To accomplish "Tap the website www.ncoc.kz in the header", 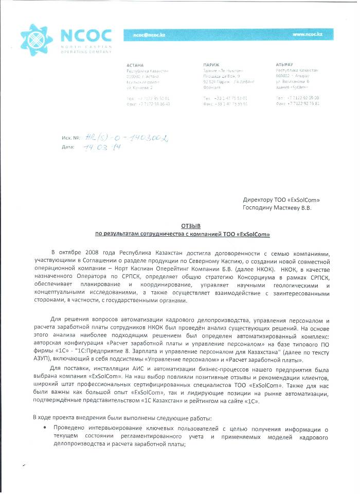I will [307, 34].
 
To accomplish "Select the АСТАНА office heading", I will [135, 65].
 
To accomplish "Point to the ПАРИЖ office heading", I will [211, 65].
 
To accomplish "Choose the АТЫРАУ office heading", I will [285, 65].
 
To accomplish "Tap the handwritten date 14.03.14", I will [98, 147].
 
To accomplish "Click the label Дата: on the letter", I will [68, 147].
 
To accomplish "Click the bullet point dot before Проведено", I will [46, 428].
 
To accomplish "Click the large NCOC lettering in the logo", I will [86, 35].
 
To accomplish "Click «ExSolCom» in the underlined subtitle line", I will [252, 234].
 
